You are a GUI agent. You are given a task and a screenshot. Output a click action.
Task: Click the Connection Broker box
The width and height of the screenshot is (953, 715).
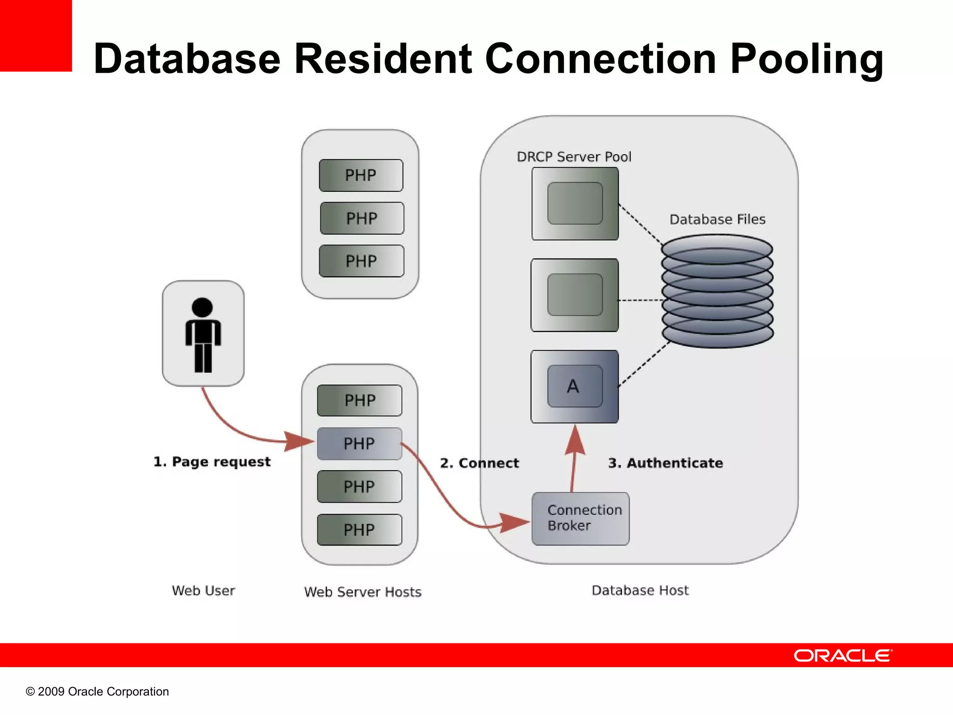point(580,519)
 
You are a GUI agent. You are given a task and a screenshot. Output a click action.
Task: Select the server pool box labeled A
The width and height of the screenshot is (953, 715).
point(575,386)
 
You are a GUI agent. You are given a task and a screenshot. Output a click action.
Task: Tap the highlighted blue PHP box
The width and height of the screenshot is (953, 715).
point(359,444)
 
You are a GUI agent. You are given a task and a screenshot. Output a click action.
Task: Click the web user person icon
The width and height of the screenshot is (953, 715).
point(203,334)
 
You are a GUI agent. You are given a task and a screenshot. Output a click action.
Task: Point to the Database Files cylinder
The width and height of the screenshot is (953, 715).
point(717,291)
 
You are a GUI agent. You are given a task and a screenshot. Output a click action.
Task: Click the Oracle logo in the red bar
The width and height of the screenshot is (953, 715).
point(843,655)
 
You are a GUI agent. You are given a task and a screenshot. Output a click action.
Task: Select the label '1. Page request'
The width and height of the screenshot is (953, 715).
point(212,462)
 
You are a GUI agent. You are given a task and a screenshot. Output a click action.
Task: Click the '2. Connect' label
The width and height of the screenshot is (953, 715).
point(479,463)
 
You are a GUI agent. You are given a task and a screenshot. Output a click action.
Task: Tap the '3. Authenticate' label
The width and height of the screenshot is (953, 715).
point(665,463)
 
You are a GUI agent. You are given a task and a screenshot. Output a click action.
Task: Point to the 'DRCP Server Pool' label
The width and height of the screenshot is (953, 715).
point(574,157)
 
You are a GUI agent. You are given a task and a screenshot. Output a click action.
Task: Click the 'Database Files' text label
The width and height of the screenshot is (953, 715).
point(717,219)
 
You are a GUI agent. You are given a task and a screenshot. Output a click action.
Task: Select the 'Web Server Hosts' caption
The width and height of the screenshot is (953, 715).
point(362,592)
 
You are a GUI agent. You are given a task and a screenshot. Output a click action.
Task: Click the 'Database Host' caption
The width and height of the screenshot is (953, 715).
point(640,590)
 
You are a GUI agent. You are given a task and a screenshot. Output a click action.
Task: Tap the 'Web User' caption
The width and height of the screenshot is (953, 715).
point(203,590)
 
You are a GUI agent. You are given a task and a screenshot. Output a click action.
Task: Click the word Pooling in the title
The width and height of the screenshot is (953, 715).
point(806,59)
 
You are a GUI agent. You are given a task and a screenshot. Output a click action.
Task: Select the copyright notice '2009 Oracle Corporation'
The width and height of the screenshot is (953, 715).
point(97,691)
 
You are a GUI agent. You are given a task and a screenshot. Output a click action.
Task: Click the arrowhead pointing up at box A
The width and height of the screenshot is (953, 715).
point(575,440)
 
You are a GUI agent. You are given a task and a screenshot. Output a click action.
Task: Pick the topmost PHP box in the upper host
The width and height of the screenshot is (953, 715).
point(361,175)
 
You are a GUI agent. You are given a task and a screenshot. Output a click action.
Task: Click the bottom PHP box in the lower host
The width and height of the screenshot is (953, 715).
point(359,530)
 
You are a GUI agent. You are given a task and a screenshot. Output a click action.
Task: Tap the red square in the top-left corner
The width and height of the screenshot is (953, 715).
point(36,35)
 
